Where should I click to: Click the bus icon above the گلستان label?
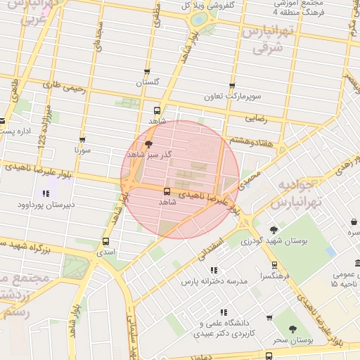click(x=146, y=72)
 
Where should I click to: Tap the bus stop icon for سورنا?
click(x=83, y=139)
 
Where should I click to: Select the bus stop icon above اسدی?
click(x=105, y=240)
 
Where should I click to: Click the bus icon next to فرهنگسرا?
click(x=274, y=266)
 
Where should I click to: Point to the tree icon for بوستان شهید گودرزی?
click(x=274, y=230)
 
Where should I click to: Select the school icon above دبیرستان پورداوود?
click(x=46, y=193)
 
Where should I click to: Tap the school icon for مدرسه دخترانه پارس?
click(x=214, y=270)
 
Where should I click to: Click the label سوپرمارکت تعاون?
click(x=233, y=96)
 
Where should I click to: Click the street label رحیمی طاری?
click(x=64, y=87)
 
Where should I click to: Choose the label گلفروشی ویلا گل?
click(x=220, y=5)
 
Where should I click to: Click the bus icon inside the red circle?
click(x=167, y=191)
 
